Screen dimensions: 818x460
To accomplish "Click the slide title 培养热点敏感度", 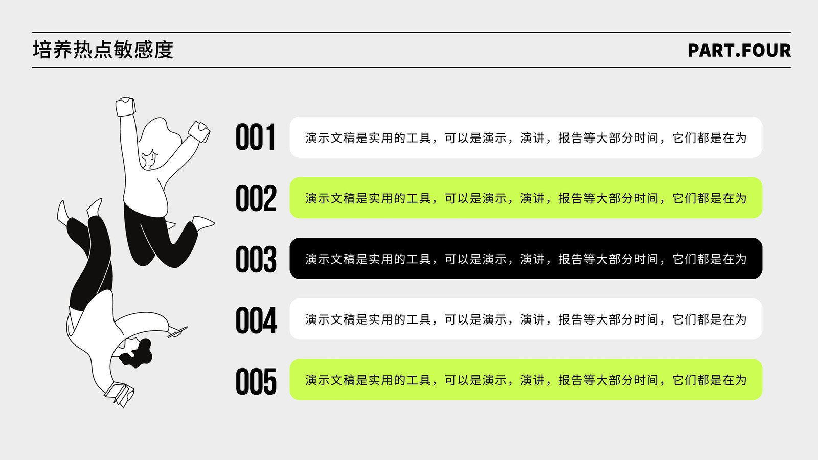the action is coord(103,50).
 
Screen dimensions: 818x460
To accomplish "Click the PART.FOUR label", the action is coord(739,51).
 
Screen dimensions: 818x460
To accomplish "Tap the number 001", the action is coord(255,137).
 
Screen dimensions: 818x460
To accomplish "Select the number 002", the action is coord(256,198).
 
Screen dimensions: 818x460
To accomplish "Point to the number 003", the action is coord(256,259).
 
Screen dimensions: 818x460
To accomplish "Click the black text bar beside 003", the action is coord(526,259).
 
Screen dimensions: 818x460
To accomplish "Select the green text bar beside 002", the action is coord(526,198).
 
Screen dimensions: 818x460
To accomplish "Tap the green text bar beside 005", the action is coord(526,379).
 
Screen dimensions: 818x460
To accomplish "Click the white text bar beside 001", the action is coord(526,137).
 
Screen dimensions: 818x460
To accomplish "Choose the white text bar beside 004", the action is coord(526,319).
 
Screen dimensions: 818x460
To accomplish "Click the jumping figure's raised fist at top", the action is coord(126,106).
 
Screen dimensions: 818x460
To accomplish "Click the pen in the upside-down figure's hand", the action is coord(178,332).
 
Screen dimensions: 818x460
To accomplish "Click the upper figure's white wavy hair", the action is coord(161,143).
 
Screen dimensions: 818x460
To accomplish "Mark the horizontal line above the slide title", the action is coord(412,33).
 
